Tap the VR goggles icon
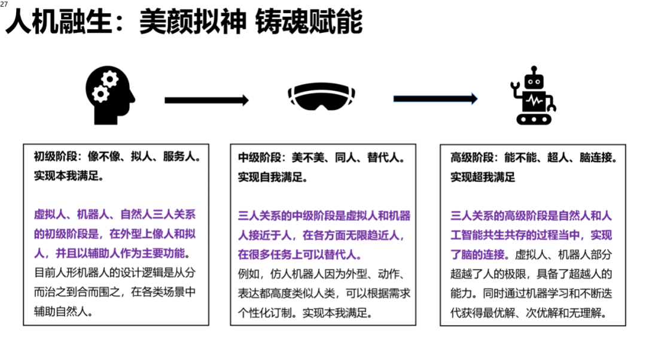(321, 96)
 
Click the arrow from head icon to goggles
(206, 100)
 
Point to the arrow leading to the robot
(435, 99)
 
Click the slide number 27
(4, 4)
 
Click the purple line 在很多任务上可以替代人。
(300, 254)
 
